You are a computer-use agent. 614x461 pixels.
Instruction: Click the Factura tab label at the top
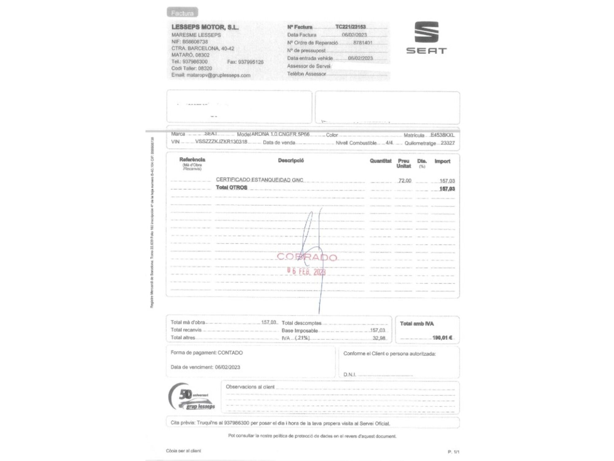(182, 13)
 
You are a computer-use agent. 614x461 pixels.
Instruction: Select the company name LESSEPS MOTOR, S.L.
(205, 27)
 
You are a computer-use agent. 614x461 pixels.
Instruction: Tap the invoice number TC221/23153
(350, 27)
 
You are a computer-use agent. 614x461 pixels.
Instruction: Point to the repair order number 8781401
(363, 43)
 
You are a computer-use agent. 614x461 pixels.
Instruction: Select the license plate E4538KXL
(442, 135)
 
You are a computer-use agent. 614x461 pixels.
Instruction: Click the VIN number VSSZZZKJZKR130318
(221, 142)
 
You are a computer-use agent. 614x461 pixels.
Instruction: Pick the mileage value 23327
(448, 143)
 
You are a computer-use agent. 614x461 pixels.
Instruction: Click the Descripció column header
(291, 160)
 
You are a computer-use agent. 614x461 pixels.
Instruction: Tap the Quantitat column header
(380, 161)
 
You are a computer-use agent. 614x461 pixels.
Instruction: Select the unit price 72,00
(405, 180)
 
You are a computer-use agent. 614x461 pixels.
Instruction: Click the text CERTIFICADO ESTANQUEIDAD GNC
(259, 180)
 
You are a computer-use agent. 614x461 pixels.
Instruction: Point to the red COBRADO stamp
(307, 257)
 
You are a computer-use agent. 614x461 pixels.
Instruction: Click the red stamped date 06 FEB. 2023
(306, 271)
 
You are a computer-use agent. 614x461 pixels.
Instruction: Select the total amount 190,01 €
(442, 338)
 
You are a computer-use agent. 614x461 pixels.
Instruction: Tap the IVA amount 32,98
(379, 338)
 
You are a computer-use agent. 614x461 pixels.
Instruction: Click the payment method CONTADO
(230, 353)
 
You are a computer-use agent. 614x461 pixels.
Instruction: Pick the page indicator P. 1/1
(453, 452)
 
